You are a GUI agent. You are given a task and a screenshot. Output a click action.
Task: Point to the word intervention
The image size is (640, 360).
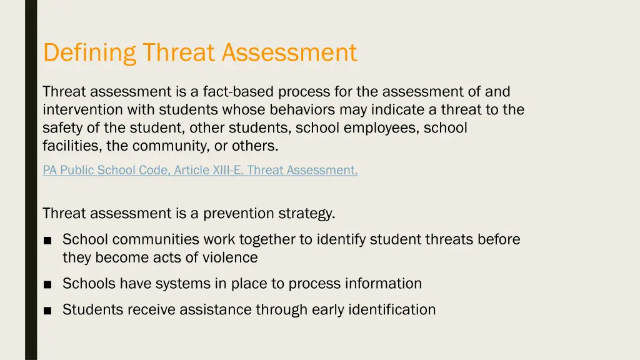(83, 110)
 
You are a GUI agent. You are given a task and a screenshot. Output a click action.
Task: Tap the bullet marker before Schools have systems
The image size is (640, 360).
(47, 284)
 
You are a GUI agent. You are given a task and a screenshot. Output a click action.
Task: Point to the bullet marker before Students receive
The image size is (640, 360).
(47, 310)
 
